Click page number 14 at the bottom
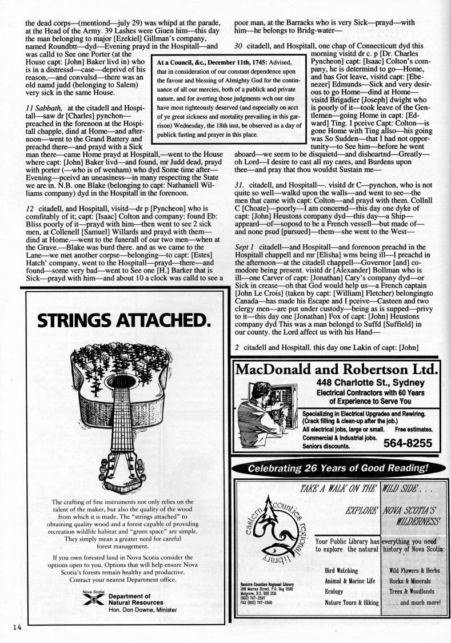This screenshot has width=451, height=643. point(14,628)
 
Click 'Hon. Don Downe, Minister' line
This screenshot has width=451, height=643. point(143,610)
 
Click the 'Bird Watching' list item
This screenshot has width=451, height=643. point(341,570)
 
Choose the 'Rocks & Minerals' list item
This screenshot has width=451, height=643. point(410,581)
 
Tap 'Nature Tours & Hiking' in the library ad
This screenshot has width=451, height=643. point(352,602)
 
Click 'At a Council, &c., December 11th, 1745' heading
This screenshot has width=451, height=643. point(223,62)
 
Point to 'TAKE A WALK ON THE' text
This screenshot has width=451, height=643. point(338,488)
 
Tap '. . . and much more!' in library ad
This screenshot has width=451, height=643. point(414,602)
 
